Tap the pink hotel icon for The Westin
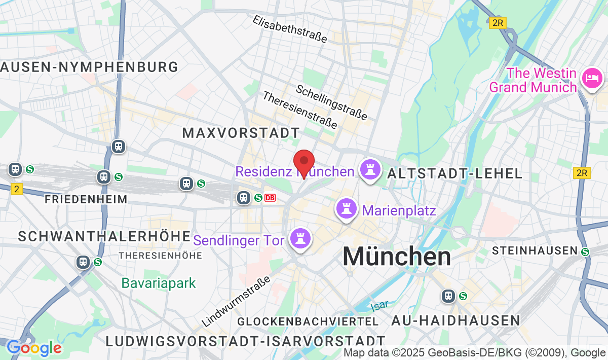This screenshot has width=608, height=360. coord(592,78)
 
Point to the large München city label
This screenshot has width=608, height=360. coord(397,257)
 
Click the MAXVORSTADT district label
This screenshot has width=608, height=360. coord(241,133)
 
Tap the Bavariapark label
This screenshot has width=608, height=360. coord(159,283)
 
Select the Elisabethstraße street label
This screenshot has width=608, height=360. coord(290,28)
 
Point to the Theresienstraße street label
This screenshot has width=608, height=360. coord(299,110)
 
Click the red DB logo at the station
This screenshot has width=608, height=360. coord(270,198)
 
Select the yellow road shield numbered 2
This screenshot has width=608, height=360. coord(17,189)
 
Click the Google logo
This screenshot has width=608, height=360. coord(34,348)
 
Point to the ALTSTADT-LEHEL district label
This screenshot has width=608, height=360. coord(454,173)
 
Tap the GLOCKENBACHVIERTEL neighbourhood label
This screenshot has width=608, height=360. coord(308,321)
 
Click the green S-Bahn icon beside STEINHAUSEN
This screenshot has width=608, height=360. coord(585,251)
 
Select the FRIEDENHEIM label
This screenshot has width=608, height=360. coord(86,199)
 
